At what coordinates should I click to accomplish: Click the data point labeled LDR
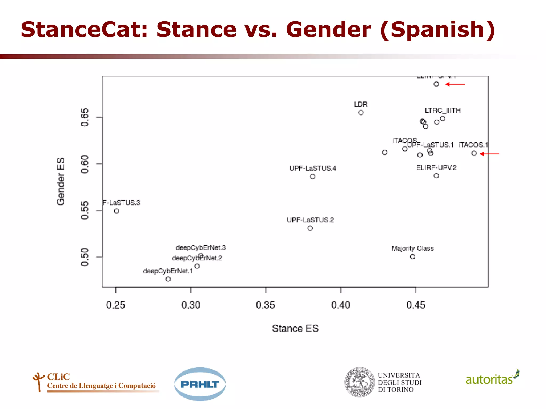361,112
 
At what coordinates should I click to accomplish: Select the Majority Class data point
412,257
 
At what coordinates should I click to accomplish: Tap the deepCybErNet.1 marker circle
168,279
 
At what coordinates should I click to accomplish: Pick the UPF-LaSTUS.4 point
312,176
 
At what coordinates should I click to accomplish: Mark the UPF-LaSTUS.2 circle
310,228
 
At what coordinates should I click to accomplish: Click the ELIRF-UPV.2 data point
436,175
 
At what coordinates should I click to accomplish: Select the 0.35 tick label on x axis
265,305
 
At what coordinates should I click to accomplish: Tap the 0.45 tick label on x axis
416,305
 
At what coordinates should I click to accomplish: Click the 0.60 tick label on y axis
85,164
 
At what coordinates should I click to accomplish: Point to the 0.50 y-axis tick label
85,257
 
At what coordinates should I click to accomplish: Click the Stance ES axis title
295,328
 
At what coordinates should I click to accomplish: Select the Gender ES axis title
61,181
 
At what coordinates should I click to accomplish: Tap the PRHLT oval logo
200,384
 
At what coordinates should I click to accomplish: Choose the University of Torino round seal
359,382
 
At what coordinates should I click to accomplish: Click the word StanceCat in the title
84,29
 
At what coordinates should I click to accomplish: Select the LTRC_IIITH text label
443,110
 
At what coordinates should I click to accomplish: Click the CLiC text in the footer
58,377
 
